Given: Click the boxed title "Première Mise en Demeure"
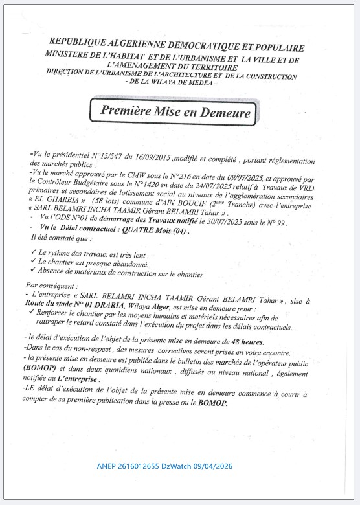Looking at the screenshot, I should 175,111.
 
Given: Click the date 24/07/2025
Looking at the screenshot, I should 200,184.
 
